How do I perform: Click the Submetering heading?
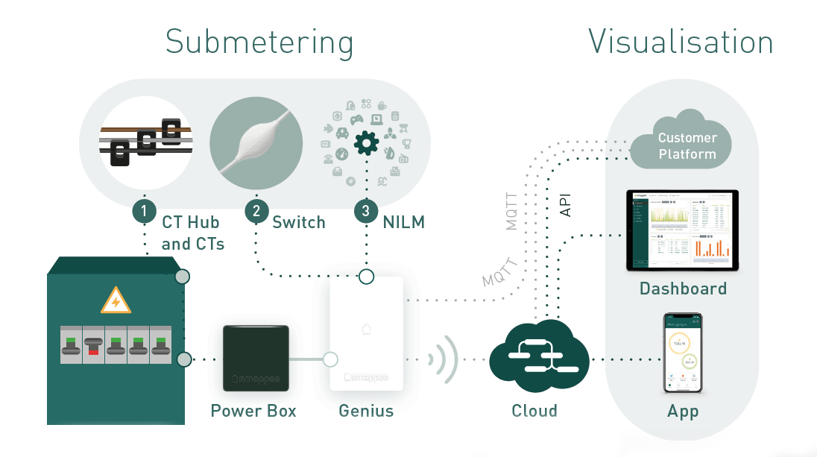click(259, 42)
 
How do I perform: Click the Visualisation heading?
click(681, 41)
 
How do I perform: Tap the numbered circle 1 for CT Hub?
click(144, 211)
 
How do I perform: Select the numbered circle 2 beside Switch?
click(256, 211)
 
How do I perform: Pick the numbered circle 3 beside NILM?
click(365, 211)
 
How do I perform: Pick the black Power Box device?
click(256, 359)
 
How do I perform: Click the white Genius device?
click(366, 333)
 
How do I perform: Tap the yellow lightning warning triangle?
click(116, 301)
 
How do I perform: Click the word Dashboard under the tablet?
click(683, 289)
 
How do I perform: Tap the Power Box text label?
click(253, 411)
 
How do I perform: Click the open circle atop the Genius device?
click(366, 277)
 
